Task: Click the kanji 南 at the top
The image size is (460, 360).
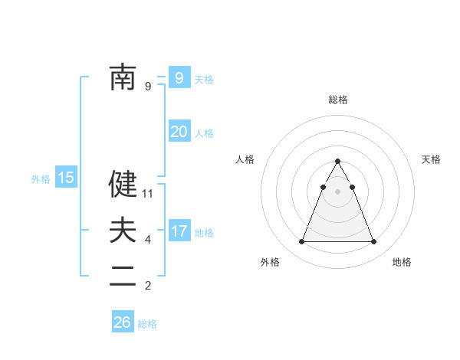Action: point(123,77)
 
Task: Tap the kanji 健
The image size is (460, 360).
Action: point(123,184)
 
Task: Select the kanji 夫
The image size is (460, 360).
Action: point(123,231)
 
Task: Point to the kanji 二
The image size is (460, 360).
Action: point(123,277)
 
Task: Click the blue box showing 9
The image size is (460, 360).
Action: point(179,77)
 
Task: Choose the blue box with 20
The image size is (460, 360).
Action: point(179,132)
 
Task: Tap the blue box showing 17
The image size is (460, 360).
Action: point(179,231)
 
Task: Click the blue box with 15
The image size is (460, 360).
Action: point(66,178)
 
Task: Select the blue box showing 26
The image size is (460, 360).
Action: point(123,322)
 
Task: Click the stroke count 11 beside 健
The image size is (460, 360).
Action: point(148,194)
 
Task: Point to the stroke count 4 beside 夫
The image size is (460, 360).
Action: point(148,240)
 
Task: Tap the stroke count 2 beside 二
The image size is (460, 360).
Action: point(148,286)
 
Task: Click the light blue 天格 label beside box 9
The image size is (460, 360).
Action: point(204,79)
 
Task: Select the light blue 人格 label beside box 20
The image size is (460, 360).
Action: point(204,133)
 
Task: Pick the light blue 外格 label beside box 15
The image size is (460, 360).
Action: point(41,179)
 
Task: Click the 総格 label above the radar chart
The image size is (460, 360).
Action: point(337,100)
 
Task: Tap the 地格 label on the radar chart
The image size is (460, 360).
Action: point(402,262)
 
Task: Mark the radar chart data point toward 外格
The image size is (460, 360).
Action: point(301,242)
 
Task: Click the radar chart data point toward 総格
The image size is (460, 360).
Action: point(337,161)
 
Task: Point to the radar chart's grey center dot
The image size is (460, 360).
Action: point(337,190)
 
